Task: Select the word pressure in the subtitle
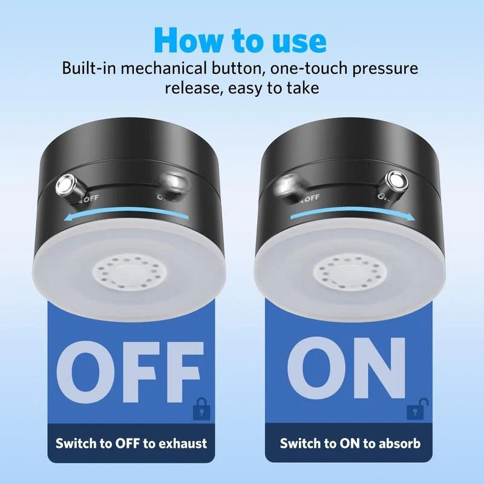(x=381, y=68)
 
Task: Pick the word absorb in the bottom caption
(x=397, y=443)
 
